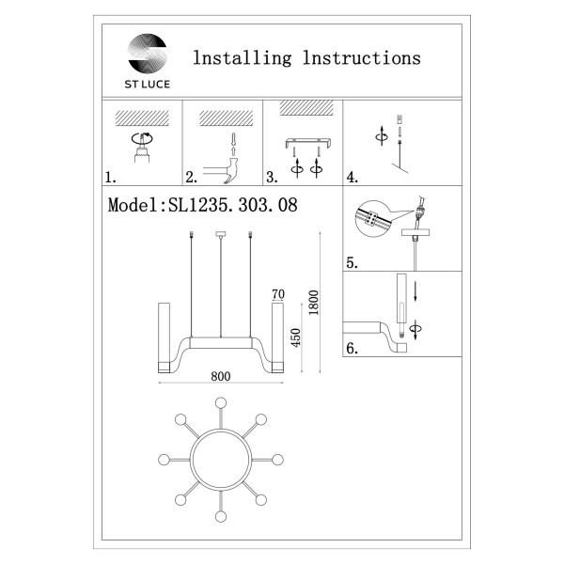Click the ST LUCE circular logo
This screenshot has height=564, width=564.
click(x=148, y=54)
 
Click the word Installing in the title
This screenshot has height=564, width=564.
click(x=243, y=58)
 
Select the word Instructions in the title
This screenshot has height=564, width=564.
click(x=362, y=58)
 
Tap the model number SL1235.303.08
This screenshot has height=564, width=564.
click(x=233, y=205)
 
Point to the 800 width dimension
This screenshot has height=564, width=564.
click(x=221, y=376)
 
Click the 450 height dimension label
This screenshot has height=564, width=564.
click(x=296, y=337)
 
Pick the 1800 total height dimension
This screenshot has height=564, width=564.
click(x=314, y=303)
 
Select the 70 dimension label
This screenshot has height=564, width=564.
click(x=278, y=294)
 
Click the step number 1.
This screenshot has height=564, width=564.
click(x=110, y=178)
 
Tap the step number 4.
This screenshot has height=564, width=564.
click(x=352, y=178)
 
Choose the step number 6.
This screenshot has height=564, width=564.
click(x=352, y=348)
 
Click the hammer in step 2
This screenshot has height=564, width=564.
click(x=221, y=170)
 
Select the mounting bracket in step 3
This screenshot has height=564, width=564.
click(x=308, y=143)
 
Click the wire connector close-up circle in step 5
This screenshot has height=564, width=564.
click(x=373, y=219)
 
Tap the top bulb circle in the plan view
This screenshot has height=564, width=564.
click(x=221, y=403)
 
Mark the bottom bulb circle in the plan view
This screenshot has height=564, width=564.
click(x=221, y=516)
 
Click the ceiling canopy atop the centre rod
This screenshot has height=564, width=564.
click(x=221, y=234)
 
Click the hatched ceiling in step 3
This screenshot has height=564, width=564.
click(x=306, y=108)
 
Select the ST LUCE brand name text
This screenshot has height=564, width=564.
click(x=148, y=85)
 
